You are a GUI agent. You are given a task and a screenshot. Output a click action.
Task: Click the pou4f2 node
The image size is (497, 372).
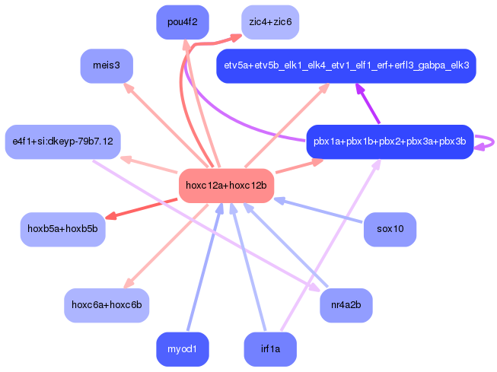point(182,22)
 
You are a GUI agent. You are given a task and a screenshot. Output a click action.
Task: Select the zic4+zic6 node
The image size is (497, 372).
point(269,22)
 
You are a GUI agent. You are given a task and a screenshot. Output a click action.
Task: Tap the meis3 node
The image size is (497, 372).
point(107,65)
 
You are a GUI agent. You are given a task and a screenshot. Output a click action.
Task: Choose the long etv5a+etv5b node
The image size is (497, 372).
point(346,66)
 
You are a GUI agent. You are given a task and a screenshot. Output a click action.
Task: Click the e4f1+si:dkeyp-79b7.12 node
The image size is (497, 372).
point(62,141)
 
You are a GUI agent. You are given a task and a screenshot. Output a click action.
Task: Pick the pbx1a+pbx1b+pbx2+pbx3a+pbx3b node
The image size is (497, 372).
point(390,141)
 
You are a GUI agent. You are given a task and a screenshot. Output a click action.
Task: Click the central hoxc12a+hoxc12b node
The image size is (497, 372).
point(226,186)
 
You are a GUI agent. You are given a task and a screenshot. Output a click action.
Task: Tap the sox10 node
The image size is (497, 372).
point(390,229)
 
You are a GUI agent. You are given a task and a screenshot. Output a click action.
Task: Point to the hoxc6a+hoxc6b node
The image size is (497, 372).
point(107,305)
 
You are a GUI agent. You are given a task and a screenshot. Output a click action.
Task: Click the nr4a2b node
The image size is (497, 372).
point(346,305)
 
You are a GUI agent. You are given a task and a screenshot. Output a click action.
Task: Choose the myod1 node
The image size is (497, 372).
point(182,349)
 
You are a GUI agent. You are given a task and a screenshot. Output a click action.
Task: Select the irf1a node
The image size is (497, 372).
point(269,349)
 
